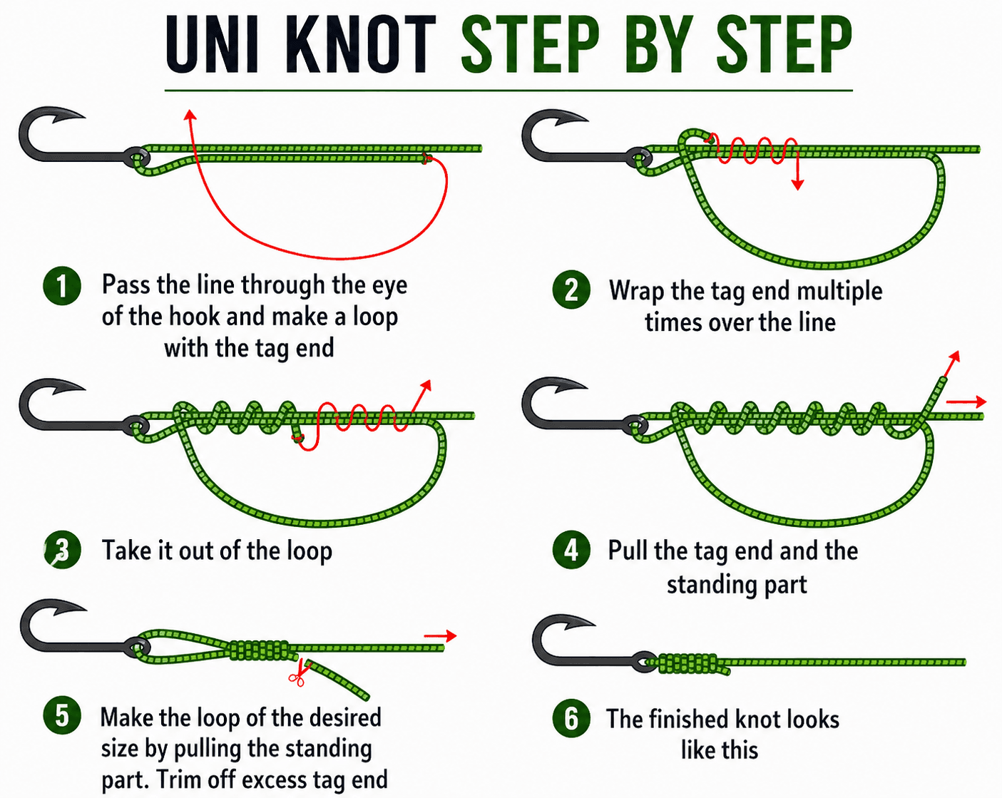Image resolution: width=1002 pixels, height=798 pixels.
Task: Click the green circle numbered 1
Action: [x=62, y=286]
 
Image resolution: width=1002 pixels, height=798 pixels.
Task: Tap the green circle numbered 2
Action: [x=571, y=290]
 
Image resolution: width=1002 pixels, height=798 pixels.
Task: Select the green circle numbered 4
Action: [x=571, y=550]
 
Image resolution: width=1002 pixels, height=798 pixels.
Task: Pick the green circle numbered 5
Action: [x=62, y=715]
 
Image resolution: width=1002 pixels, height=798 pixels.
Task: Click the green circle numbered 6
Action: [x=571, y=718]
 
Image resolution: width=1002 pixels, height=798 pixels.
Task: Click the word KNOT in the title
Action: [x=360, y=44]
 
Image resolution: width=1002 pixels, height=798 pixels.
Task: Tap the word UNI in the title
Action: [x=211, y=44]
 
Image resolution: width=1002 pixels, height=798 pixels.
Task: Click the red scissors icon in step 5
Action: [x=297, y=675]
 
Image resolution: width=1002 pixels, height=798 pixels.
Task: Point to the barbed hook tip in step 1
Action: [x=71, y=115]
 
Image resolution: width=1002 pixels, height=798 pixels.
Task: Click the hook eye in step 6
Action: [x=646, y=660]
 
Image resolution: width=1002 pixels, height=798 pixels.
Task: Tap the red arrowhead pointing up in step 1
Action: [x=189, y=116]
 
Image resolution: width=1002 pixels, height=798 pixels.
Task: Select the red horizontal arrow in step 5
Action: [x=440, y=635]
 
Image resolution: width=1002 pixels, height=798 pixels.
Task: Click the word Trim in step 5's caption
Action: [x=180, y=779]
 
